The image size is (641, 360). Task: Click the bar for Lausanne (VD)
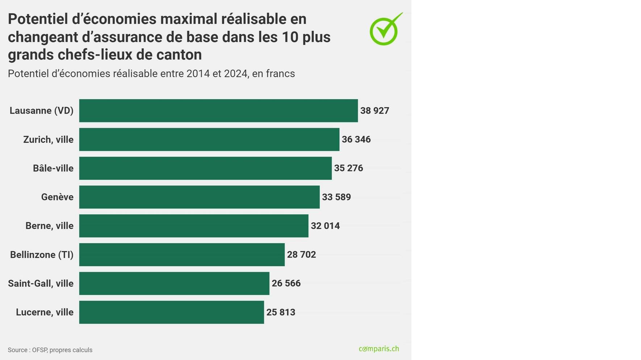coord(218,111)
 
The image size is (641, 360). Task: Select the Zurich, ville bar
coord(209,139)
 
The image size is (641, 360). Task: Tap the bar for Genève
coord(199,197)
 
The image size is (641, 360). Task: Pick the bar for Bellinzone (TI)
coord(182,255)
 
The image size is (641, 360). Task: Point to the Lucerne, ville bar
coord(172,312)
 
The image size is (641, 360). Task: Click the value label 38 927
coord(374,111)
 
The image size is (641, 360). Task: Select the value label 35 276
coord(348,168)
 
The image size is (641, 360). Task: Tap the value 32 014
coord(325,226)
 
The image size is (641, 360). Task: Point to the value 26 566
coord(286,283)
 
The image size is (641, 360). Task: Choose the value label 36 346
coord(356,139)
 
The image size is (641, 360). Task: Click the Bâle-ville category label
coord(53,168)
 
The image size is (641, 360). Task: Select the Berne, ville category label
coord(49,226)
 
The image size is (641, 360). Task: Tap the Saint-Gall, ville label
coord(41,283)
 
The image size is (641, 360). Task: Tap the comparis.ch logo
coord(379,349)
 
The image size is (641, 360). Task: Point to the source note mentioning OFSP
coord(50,350)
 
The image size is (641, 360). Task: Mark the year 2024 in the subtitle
coord(235,73)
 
